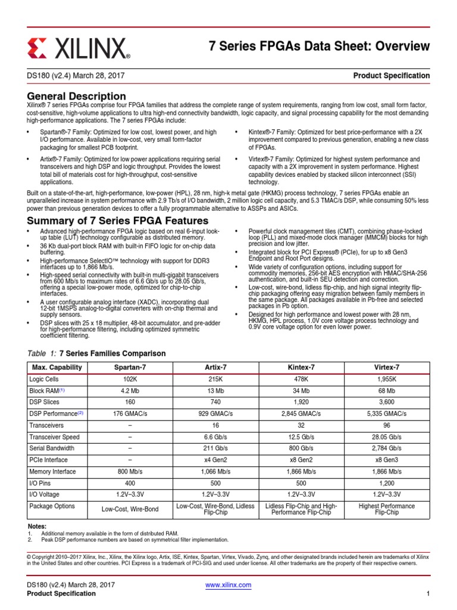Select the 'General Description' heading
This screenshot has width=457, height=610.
[x=77, y=96]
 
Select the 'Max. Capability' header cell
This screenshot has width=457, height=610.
[x=57, y=367]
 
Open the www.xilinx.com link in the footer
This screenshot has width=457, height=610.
[x=228, y=584]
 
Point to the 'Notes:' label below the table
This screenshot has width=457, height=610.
[x=37, y=527]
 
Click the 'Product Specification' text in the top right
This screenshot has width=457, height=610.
[x=391, y=76]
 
